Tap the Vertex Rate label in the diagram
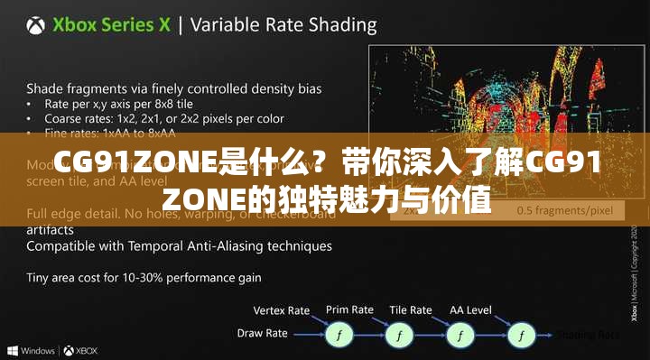(282, 310)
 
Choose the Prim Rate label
(349, 309)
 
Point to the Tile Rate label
(412, 309)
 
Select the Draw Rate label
(262, 333)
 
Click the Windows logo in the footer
(12, 350)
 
